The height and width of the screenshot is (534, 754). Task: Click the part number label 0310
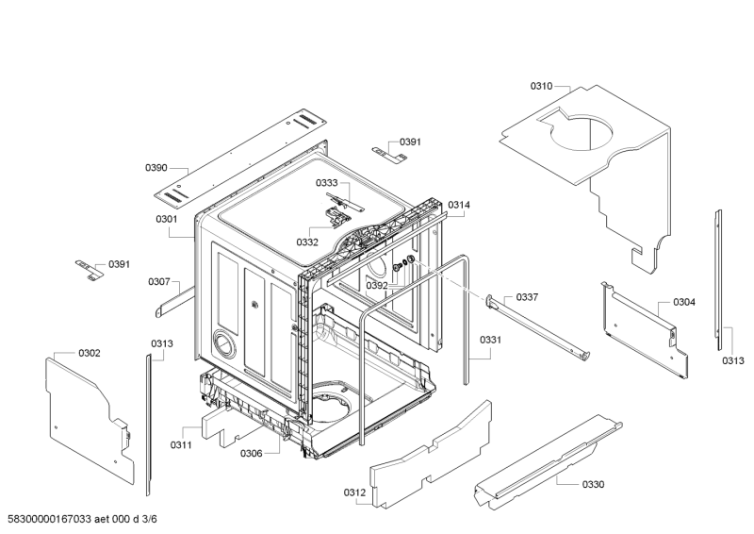[x=541, y=86]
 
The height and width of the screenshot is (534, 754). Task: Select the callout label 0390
[x=156, y=168]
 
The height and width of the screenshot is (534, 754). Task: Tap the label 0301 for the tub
[x=167, y=219]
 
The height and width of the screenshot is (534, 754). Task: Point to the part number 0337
[x=527, y=297]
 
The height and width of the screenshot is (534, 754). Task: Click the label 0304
[x=684, y=302]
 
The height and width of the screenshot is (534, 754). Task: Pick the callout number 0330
[x=593, y=484]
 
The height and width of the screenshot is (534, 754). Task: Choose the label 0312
[x=354, y=492]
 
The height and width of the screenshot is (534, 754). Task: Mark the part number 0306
[x=251, y=453]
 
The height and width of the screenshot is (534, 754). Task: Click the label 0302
[x=90, y=353]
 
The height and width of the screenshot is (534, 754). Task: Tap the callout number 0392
[x=376, y=286]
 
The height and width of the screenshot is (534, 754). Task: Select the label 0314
[x=459, y=205]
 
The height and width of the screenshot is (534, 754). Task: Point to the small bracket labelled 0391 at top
[x=389, y=153]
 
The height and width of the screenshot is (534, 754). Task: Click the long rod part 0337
[x=538, y=327]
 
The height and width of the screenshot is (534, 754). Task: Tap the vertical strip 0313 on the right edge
[x=718, y=279]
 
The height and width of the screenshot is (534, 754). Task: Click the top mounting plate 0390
[x=240, y=158]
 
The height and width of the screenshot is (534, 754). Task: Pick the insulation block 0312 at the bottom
[x=432, y=455]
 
